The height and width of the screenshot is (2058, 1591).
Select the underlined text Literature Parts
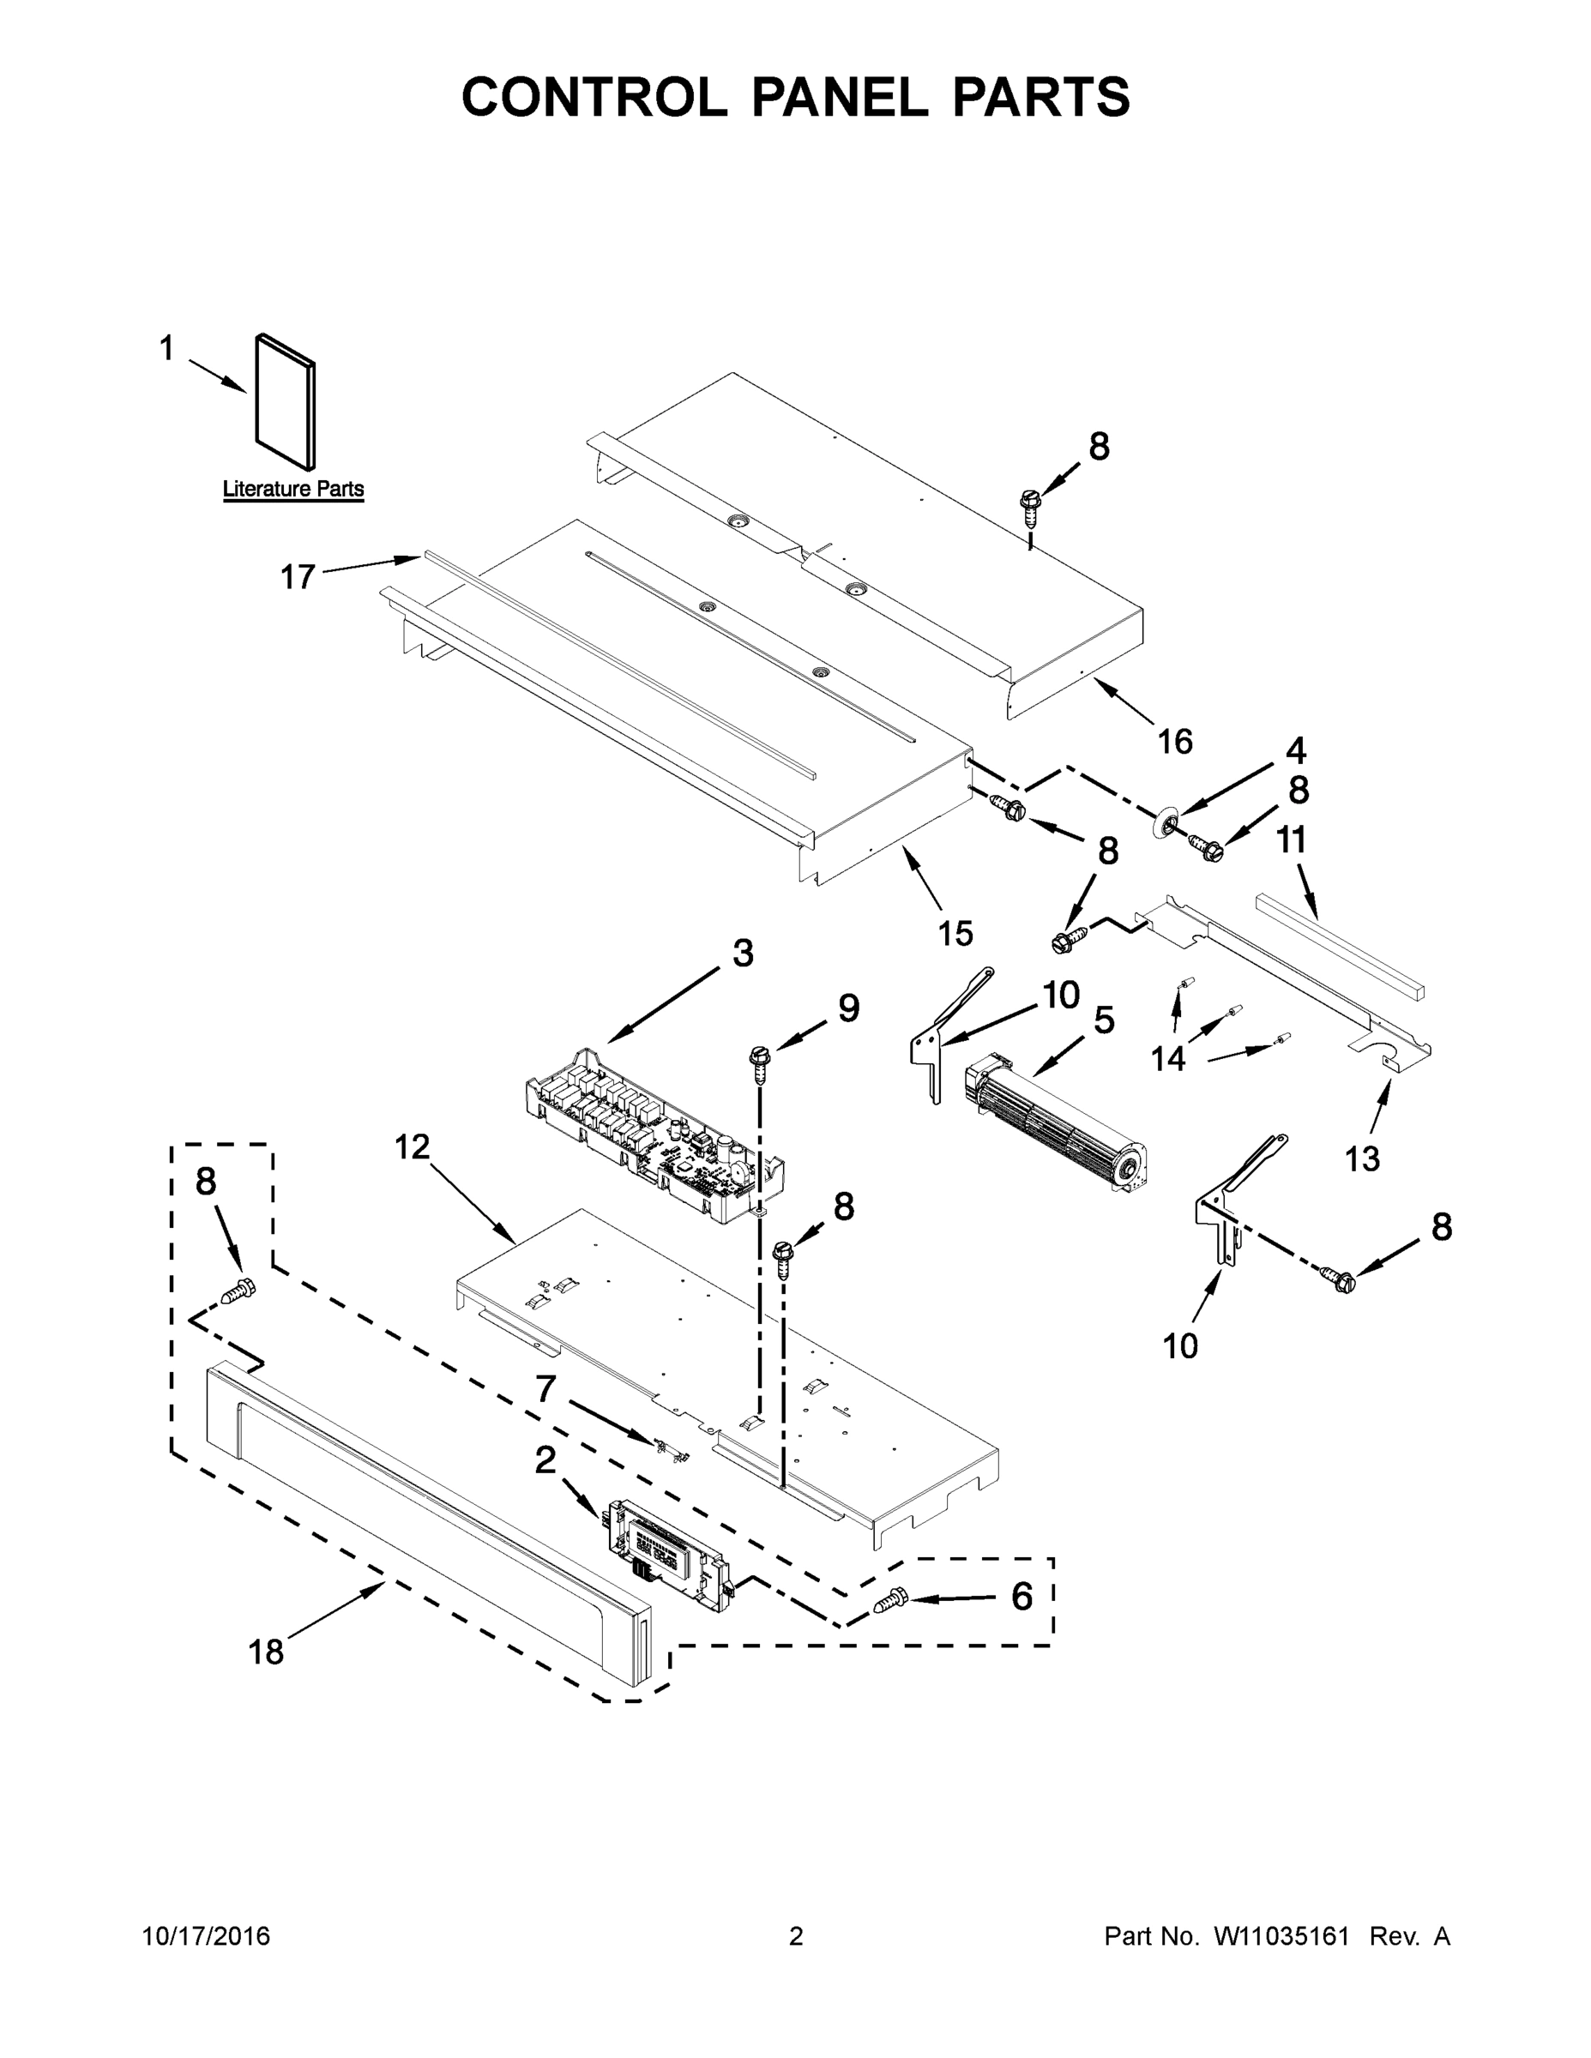(293, 489)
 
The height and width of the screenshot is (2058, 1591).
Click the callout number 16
(1175, 742)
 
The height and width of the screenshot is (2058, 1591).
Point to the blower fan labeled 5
(1055, 1130)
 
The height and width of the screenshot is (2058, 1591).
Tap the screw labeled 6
(890, 1601)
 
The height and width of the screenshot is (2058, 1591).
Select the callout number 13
(1362, 1158)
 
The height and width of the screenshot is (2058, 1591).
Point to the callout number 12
(412, 1146)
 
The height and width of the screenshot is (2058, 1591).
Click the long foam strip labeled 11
(1338, 947)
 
